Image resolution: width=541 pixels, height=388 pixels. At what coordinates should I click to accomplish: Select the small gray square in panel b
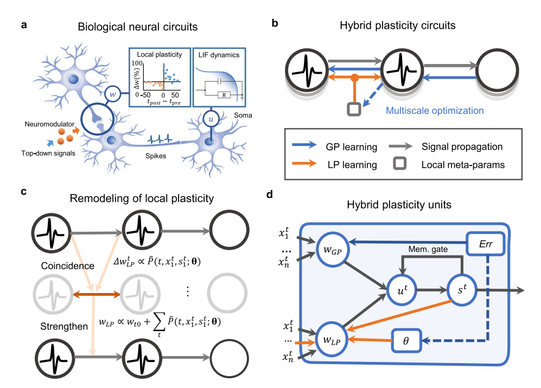pyautogui.click(x=354, y=109)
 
